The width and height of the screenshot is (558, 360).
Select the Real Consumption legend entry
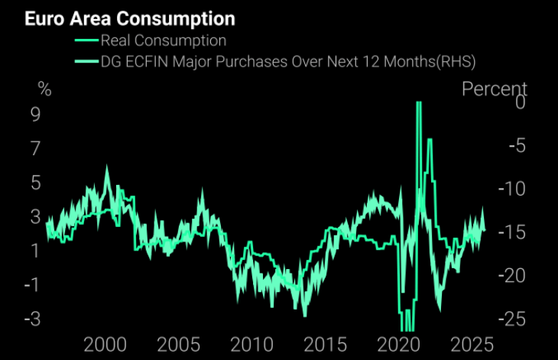164,40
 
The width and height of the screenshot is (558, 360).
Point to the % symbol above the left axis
45,89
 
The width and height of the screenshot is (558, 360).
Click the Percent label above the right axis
495,89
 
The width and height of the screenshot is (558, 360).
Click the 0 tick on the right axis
520,102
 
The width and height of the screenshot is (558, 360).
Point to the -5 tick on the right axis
516,145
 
